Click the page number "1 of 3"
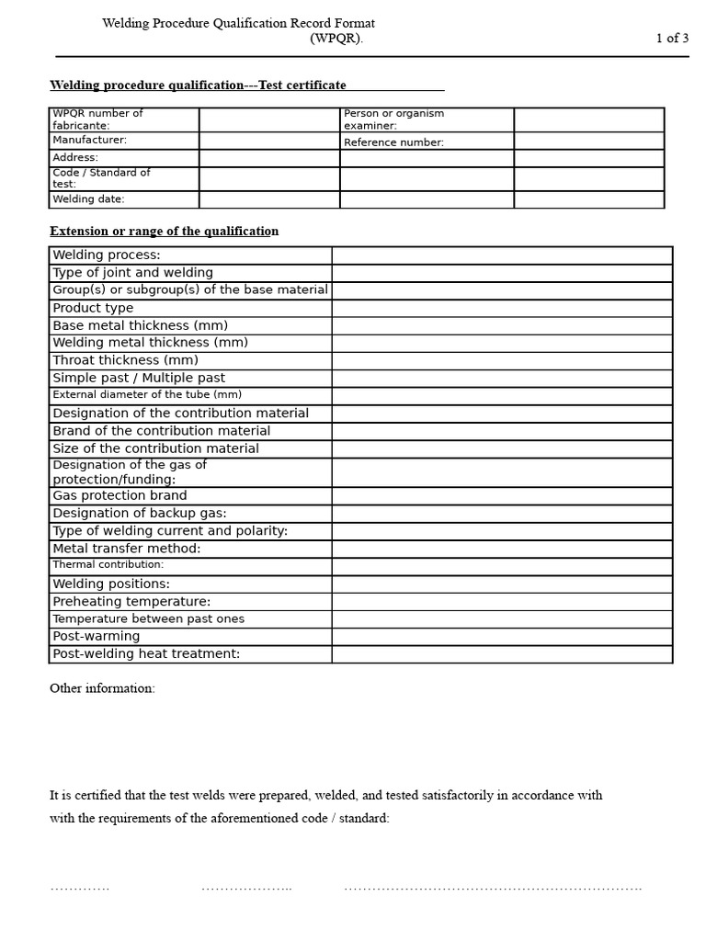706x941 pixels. coord(672,39)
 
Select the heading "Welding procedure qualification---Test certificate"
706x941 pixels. coord(198,85)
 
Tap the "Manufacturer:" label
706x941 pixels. coord(90,141)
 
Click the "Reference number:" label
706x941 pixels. coord(393,142)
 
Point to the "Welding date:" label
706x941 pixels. coord(88,199)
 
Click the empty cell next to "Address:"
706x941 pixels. coord(268,158)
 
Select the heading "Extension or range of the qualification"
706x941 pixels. coord(164,232)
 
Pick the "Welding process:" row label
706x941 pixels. coord(107,255)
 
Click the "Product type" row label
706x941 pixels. coord(93,308)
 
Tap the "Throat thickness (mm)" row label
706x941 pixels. coord(125,360)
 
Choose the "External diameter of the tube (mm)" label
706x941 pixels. coord(147,395)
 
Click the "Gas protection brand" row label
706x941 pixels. coord(120,495)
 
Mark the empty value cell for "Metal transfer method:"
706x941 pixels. coord(502,549)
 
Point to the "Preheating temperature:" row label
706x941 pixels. coord(131,602)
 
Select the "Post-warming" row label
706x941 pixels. coord(97,637)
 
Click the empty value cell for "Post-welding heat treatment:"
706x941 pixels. coord(502,654)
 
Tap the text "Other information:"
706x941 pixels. coord(102,689)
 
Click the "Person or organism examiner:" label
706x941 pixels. coord(393,119)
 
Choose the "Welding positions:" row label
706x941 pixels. coord(111,584)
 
